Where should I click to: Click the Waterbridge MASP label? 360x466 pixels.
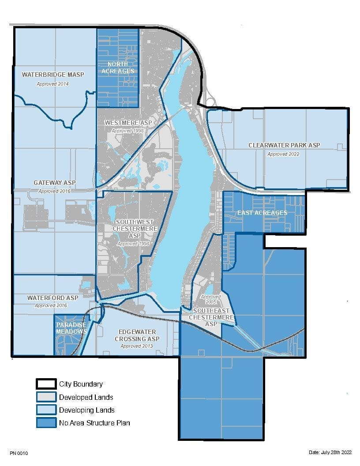click(52, 75)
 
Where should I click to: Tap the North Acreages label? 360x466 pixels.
click(117, 68)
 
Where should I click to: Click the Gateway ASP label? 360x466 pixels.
click(55, 183)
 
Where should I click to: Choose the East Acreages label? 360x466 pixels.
click(262, 213)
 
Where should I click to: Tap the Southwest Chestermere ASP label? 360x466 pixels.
click(133, 229)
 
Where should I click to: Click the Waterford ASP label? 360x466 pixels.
click(52, 298)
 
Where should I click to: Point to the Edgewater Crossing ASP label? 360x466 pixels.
click(137, 335)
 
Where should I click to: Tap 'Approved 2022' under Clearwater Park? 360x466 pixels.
click(283, 154)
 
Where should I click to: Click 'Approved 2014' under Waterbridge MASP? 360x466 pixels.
click(52, 84)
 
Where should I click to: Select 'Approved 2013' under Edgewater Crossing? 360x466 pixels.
click(137, 346)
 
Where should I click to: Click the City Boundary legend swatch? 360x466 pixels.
click(46, 384)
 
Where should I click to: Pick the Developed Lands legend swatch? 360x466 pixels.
click(46, 397)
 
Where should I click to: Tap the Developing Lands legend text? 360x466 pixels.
click(87, 410)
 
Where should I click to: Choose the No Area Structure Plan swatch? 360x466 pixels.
click(46, 423)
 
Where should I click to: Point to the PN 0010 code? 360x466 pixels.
click(18, 453)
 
